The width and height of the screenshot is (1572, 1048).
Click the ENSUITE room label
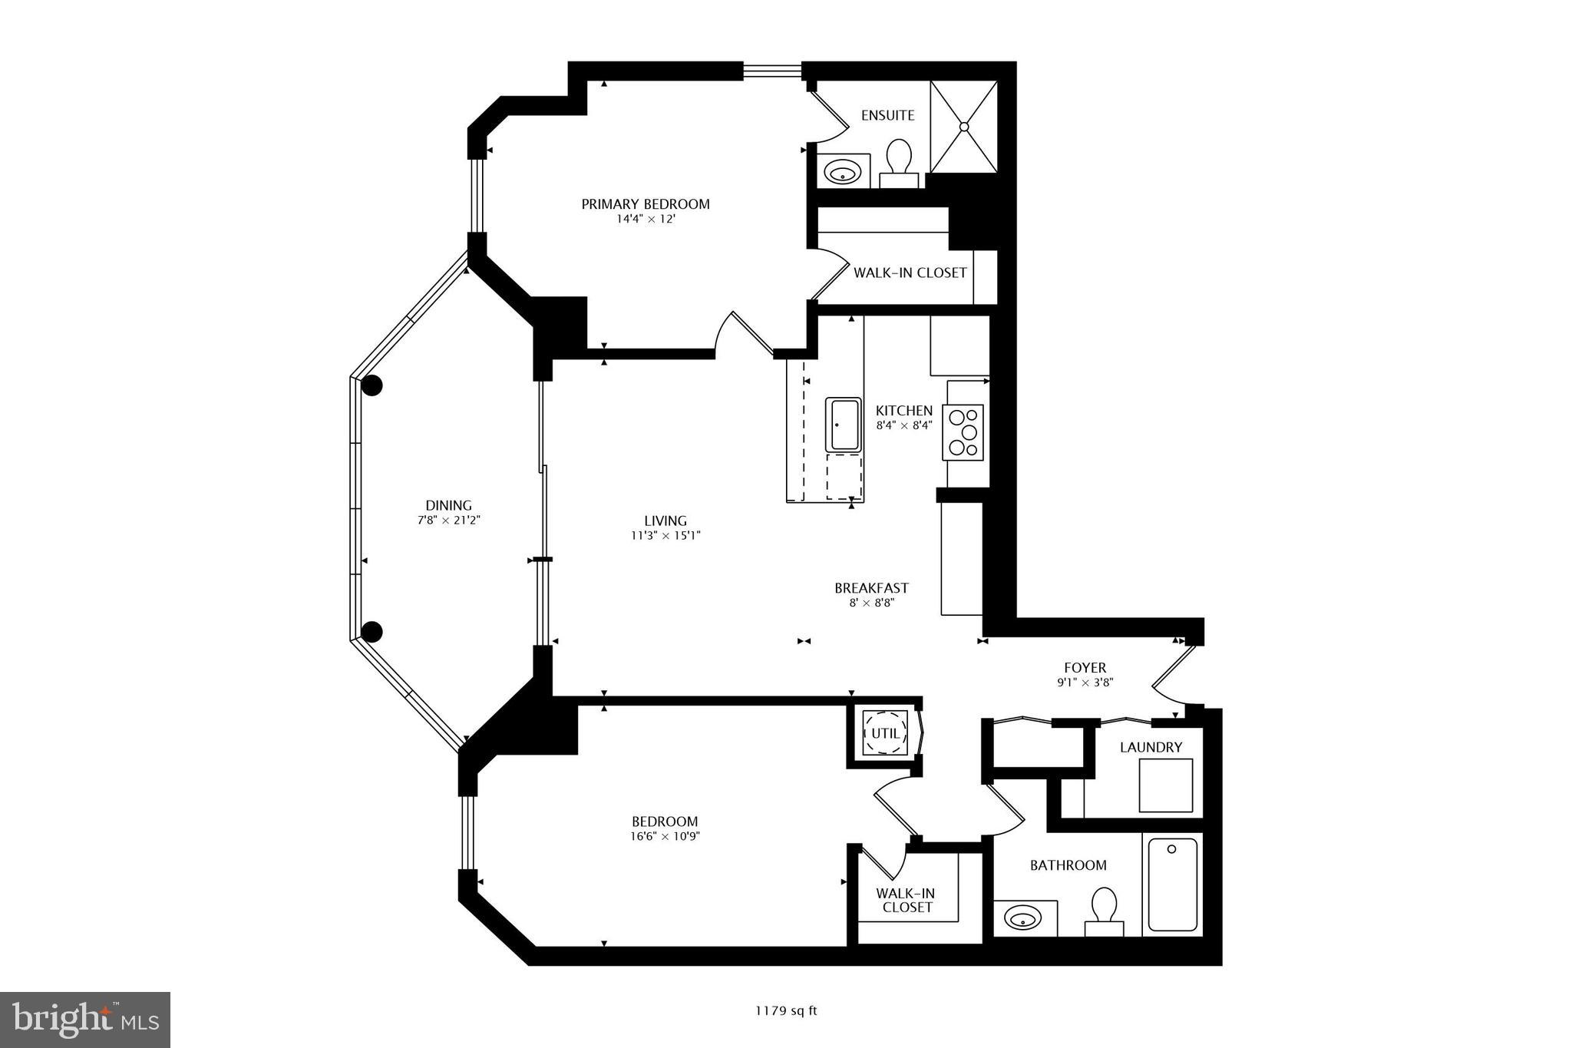tap(887, 115)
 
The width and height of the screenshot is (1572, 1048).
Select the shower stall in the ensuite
tap(964, 127)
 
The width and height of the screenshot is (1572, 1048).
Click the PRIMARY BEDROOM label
tap(645, 204)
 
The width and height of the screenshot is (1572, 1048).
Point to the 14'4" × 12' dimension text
tap(645, 219)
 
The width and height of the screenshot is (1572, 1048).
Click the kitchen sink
tap(844, 425)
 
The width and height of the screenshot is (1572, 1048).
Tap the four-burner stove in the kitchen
tap(963, 432)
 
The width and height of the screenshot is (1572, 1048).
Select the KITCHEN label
tap(904, 411)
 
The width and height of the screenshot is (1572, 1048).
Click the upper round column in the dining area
tap(372, 386)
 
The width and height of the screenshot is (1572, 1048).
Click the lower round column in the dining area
tap(372, 632)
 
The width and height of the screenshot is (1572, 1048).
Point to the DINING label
tap(449, 505)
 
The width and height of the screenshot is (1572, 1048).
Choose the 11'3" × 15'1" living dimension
tap(665, 536)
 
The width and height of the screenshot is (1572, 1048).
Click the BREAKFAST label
tap(871, 588)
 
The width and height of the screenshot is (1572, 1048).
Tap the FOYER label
tap(1085, 668)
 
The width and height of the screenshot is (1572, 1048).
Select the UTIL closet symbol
tap(884, 733)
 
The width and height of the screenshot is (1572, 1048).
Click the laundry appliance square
tap(1165, 785)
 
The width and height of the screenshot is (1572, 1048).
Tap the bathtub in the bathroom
tap(1172, 884)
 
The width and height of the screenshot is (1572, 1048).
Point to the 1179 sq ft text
tap(786, 1010)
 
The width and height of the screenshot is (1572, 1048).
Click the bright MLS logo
tap(85, 1020)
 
